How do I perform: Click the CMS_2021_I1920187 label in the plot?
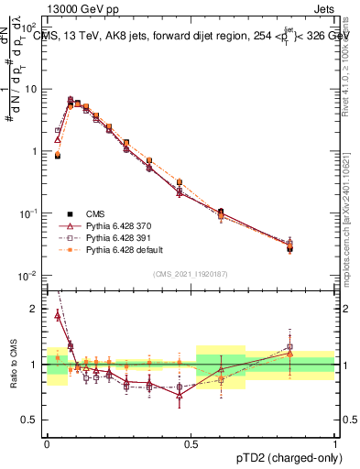click(x=191, y=273)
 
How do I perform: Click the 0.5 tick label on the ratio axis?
click(x=33, y=420)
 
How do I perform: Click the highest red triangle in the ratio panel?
click(x=59, y=315)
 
